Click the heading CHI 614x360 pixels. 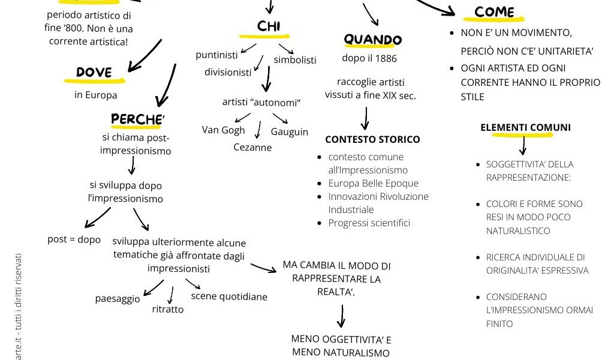pos(269,26)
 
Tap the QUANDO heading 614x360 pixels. pos(372,40)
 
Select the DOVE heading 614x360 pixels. pos(94,73)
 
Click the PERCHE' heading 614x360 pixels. pos(137,119)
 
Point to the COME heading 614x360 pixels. pos(494,12)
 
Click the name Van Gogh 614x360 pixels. pos(224,130)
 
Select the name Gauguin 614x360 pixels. pos(290,131)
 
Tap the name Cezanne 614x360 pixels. pos(252,147)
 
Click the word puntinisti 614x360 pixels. pos(217,55)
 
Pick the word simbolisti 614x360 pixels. pos(295,59)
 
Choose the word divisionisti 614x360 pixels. pos(228,73)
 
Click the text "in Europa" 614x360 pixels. pos(96,95)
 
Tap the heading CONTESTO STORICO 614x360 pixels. pos(372,139)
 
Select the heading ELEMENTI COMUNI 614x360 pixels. pos(525,127)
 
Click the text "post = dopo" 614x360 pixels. pos(74,239)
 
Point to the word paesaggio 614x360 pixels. pos(118,298)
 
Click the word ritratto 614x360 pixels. pos(168,310)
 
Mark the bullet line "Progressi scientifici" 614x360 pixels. pos(369,223)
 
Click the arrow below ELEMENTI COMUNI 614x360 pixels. pos(522,145)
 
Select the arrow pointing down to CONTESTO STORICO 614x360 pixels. pos(365,119)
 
